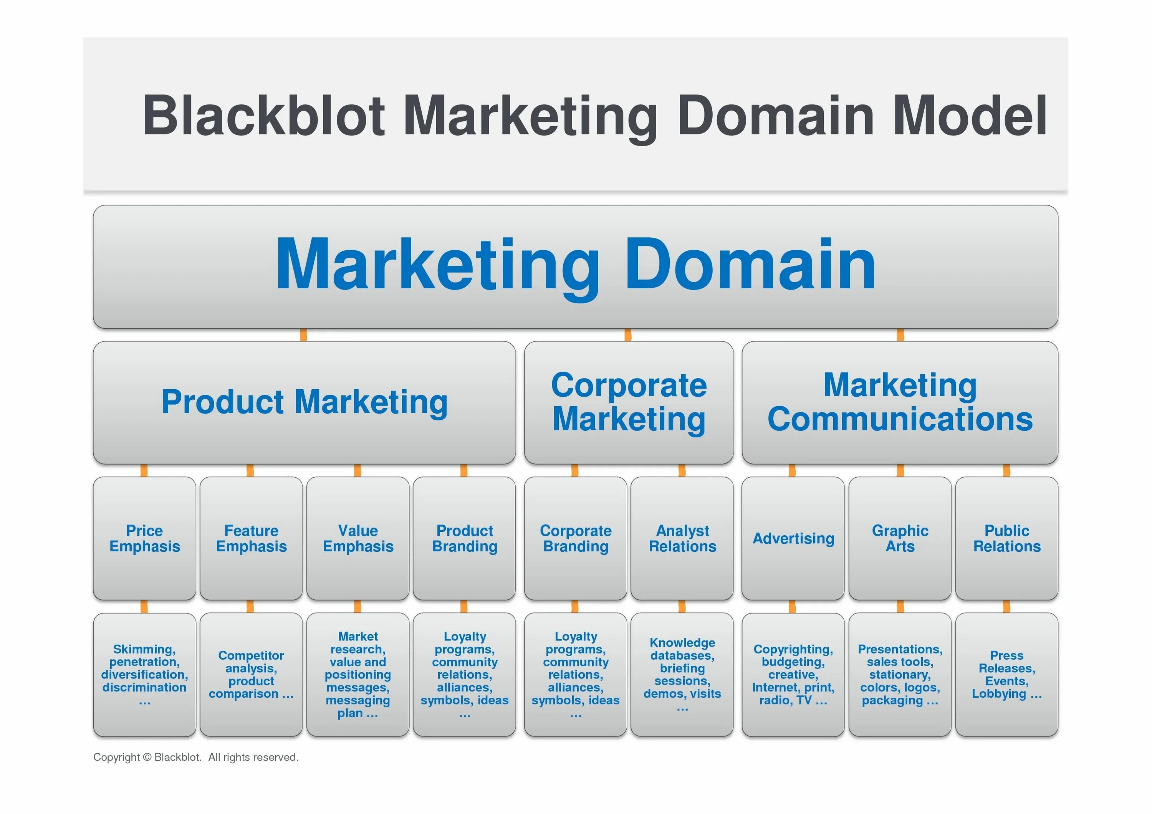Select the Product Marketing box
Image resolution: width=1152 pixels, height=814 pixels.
pyautogui.click(x=304, y=402)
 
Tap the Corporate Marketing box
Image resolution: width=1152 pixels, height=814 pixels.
pyautogui.click(x=628, y=402)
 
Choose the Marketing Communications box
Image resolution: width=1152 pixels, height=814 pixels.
pyautogui.click(x=900, y=402)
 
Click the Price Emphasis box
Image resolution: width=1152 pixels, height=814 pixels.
pyautogui.click(x=144, y=538)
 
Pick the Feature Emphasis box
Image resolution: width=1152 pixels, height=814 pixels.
pyautogui.click(x=251, y=538)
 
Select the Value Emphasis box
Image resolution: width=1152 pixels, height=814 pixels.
pyautogui.click(x=358, y=538)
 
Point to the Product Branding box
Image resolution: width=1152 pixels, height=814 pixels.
pyautogui.click(x=464, y=538)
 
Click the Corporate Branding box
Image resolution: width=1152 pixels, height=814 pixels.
pyautogui.click(x=576, y=538)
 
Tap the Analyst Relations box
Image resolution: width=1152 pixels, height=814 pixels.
pyautogui.click(x=682, y=538)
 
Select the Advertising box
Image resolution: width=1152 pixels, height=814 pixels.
pyautogui.click(x=793, y=538)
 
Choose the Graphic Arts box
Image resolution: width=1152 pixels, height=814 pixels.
pyautogui.click(x=900, y=538)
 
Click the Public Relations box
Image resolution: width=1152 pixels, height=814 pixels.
pyautogui.click(x=1006, y=538)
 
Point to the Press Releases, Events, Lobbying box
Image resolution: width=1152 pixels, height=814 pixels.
pyautogui.click(x=1006, y=675)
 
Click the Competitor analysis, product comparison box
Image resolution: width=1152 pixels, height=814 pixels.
pyautogui.click(x=251, y=675)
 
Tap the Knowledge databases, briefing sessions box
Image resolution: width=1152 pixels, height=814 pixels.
pyautogui.click(x=682, y=675)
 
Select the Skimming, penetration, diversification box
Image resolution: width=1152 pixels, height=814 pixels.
pyautogui.click(x=144, y=675)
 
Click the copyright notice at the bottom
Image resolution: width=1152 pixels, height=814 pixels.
pyautogui.click(x=196, y=757)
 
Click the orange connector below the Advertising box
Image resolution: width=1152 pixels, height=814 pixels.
pyautogui.click(x=792, y=607)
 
